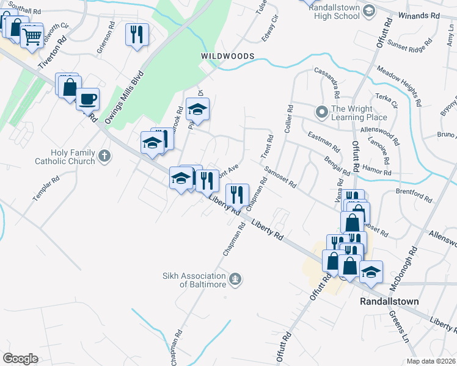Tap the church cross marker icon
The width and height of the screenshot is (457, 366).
click(x=105, y=156)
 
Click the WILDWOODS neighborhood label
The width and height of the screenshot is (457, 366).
click(x=228, y=56)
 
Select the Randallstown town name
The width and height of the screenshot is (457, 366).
click(x=387, y=301)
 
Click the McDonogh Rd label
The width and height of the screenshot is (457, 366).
click(x=404, y=268)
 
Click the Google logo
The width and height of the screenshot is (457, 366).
click(x=20, y=358)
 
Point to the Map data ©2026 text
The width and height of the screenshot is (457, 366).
click(x=430, y=361)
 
